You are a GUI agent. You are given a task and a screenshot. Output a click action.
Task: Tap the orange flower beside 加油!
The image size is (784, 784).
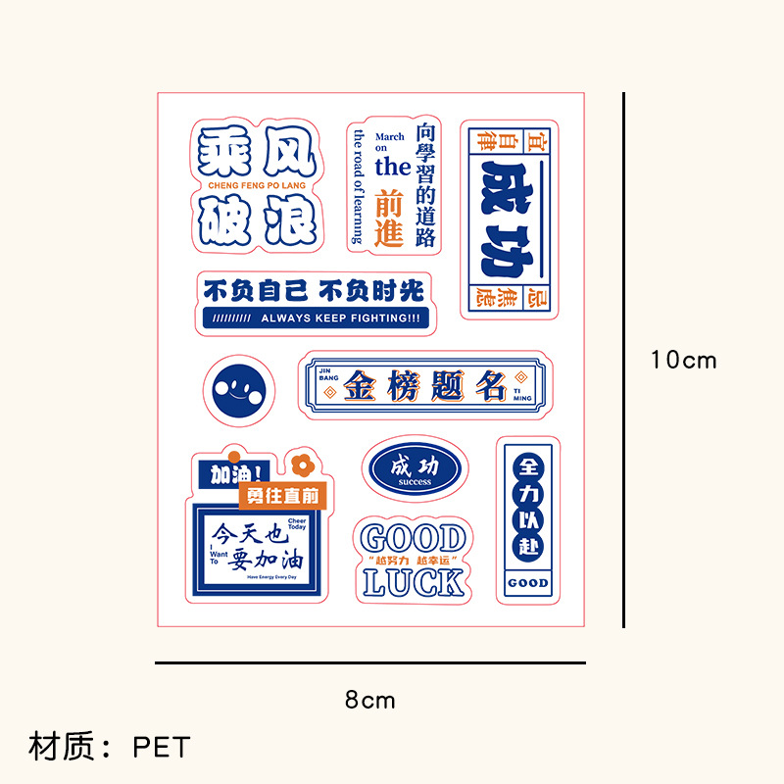click(298, 463)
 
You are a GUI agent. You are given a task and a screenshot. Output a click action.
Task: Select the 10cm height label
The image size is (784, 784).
click(684, 360)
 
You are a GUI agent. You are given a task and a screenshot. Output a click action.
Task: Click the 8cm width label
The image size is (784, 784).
click(369, 700)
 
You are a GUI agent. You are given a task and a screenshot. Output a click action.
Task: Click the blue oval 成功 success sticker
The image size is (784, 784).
click(416, 468)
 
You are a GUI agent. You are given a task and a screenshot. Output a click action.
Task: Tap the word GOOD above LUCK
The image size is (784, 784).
click(413, 539)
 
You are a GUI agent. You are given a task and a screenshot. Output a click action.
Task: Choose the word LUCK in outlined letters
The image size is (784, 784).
click(413, 581)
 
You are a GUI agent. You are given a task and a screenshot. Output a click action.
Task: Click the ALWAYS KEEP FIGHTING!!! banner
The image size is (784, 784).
click(316, 318)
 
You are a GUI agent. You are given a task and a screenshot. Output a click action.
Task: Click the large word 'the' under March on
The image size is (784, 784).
click(392, 166)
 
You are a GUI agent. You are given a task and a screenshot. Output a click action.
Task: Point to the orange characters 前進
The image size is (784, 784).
click(390, 218)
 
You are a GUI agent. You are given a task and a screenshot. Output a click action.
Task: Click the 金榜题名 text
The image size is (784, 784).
click(425, 386)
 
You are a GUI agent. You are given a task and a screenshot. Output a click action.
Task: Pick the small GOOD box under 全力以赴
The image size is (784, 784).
click(528, 583)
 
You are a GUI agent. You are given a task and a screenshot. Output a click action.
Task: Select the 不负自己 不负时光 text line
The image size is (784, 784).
click(314, 291)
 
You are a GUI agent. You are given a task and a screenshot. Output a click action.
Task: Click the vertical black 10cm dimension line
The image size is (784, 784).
click(624, 360)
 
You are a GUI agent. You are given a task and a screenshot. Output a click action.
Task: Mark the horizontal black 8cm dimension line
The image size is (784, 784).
click(369, 663)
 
